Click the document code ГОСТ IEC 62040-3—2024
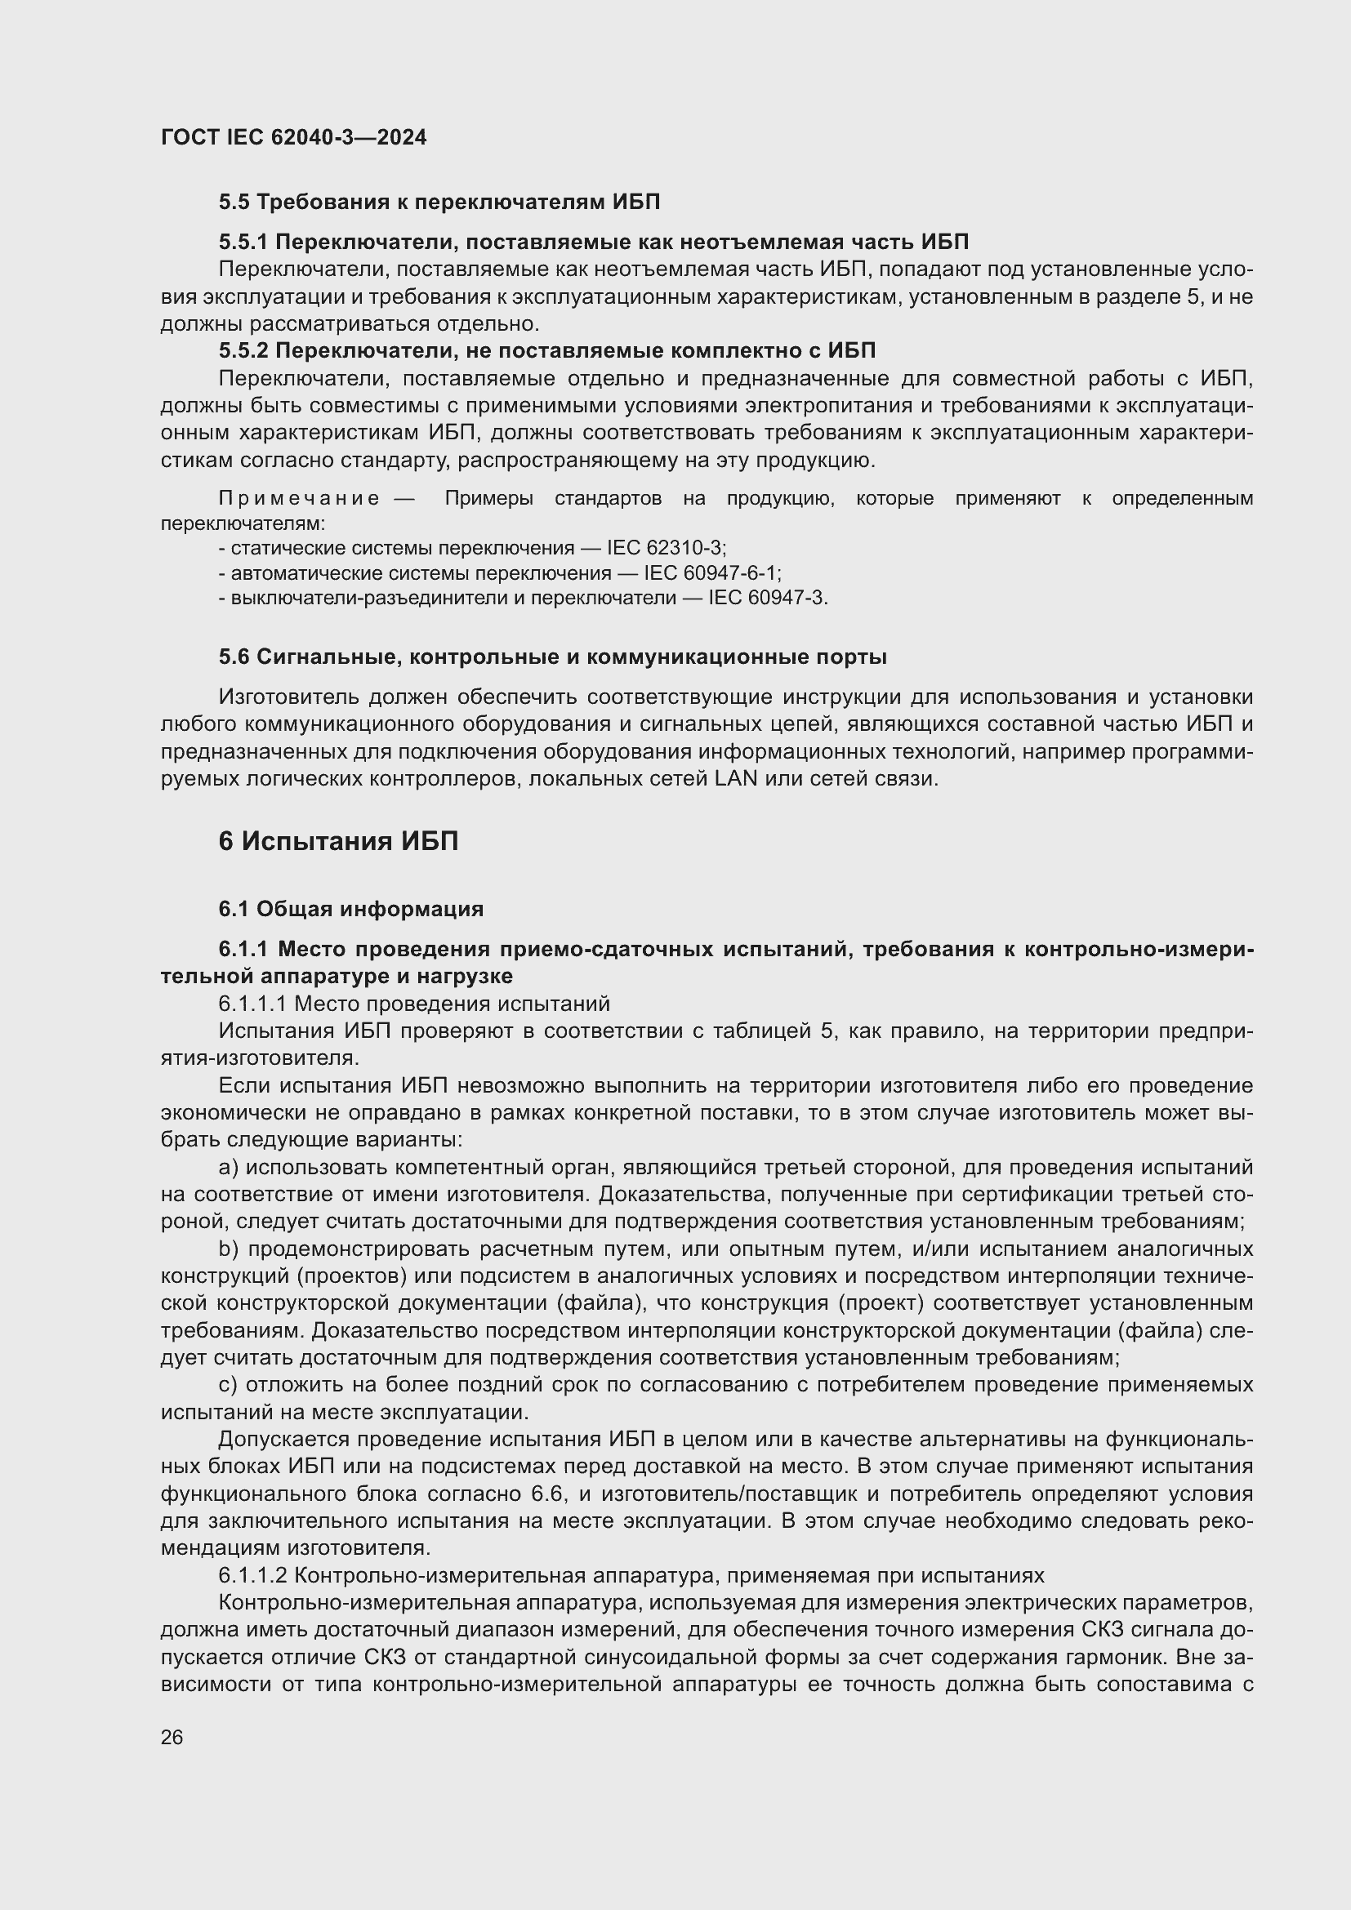coord(293,137)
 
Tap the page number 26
coord(172,1737)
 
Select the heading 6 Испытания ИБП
coord(338,842)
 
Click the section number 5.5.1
coord(243,242)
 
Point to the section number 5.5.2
coord(243,350)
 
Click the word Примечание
coord(299,498)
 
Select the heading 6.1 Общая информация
coord(350,908)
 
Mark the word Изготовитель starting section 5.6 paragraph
coord(288,697)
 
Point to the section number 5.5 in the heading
coord(234,203)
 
